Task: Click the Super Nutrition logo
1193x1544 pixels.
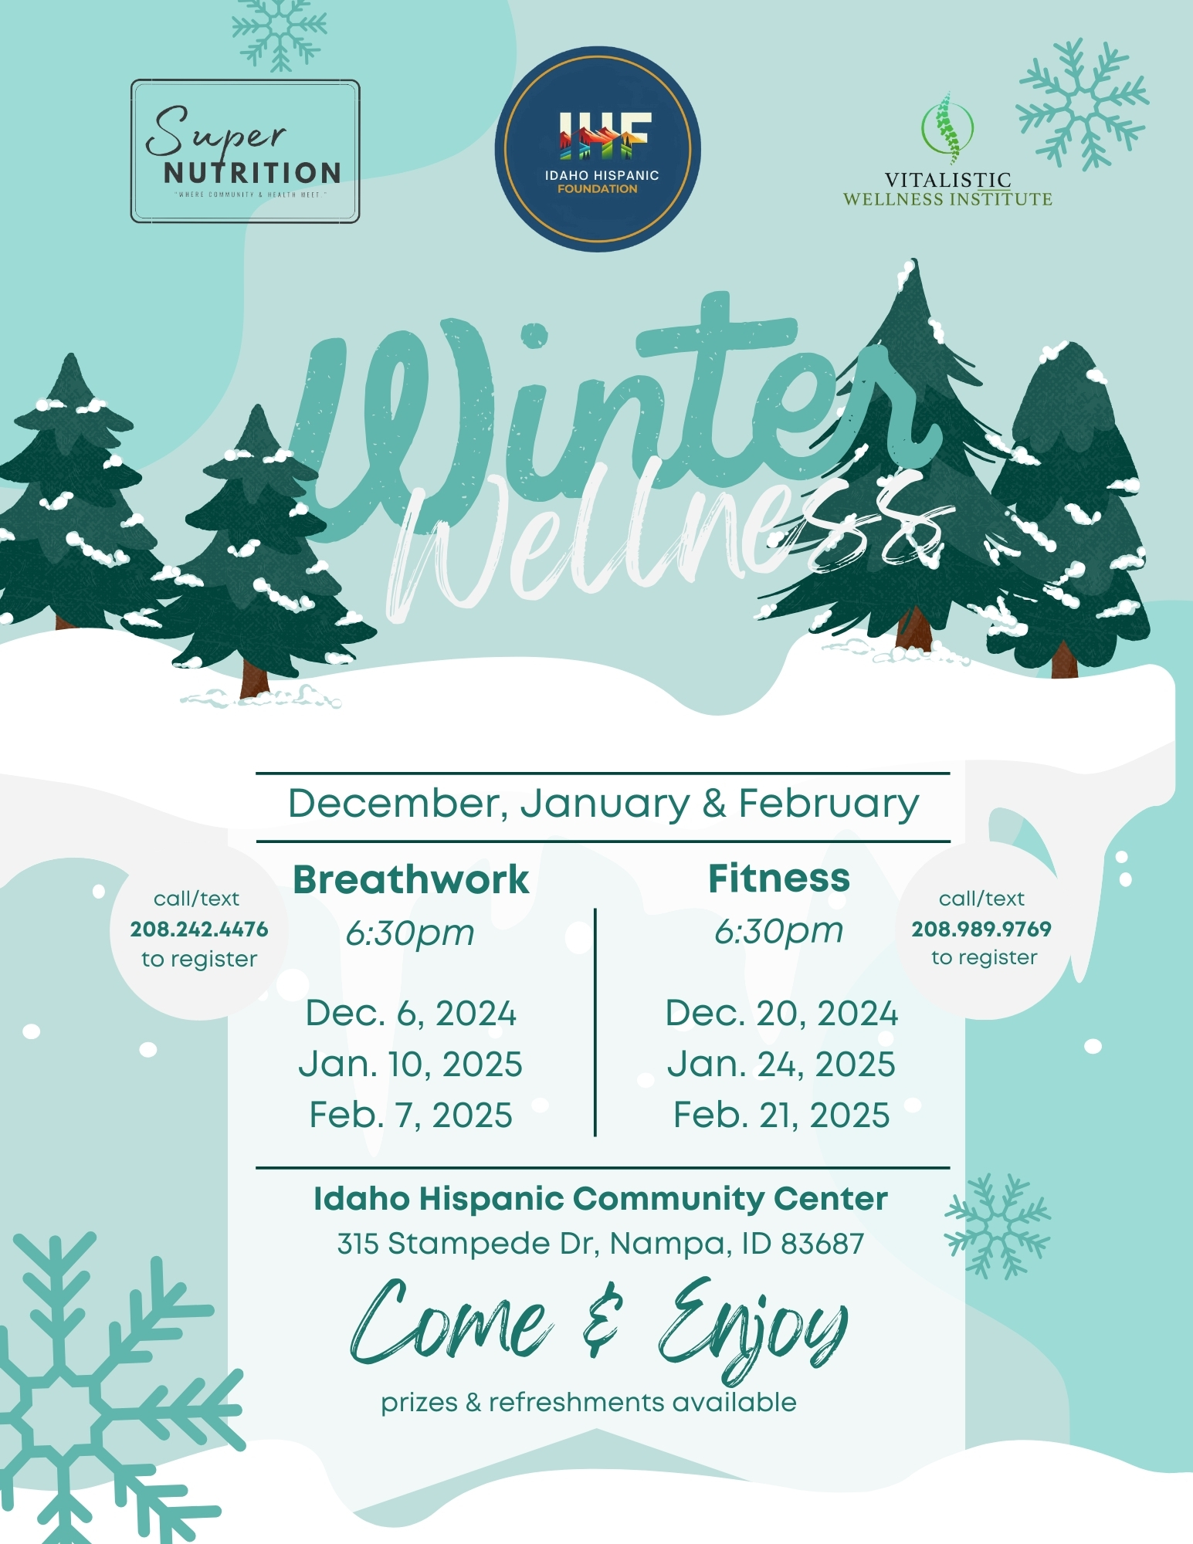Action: point(245,151)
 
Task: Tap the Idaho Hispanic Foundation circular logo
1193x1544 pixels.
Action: point(598,149)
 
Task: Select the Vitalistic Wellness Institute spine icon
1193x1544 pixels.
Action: point(947,128)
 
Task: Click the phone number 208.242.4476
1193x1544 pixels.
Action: point(199,929)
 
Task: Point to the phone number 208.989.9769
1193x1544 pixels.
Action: point(981,929)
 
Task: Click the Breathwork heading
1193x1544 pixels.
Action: point(411,879)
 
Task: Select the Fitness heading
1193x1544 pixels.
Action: point(779,879)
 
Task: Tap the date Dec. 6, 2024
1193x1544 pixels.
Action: point(411,1014)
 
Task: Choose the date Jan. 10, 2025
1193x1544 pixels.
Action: point(411,1065)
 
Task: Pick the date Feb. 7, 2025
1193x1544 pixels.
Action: point(411,1116)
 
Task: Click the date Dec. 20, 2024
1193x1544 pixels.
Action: point(781,1014)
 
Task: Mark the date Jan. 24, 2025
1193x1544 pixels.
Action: point(781,1065)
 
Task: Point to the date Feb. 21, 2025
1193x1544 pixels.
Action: point(781,1116)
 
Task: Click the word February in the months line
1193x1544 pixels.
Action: point(829,805)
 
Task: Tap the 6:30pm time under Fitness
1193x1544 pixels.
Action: point(778,932)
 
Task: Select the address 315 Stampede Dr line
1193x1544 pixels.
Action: point(601,1244)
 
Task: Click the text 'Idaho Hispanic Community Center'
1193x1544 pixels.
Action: point(601,1199)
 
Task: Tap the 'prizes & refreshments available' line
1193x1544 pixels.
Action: point(588,1403)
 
